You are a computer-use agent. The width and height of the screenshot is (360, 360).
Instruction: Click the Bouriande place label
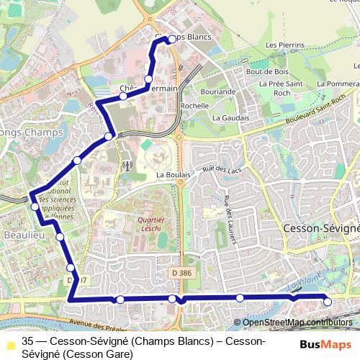218,91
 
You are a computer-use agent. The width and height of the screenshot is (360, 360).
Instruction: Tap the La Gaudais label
231,117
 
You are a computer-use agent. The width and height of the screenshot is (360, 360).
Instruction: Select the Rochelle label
194,105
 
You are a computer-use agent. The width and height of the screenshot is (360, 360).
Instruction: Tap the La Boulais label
173,175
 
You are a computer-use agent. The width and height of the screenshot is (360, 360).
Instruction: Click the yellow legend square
9,341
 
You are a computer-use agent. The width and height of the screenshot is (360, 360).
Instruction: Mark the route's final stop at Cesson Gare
328,302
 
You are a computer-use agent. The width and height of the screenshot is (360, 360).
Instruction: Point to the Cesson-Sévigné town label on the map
321,228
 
